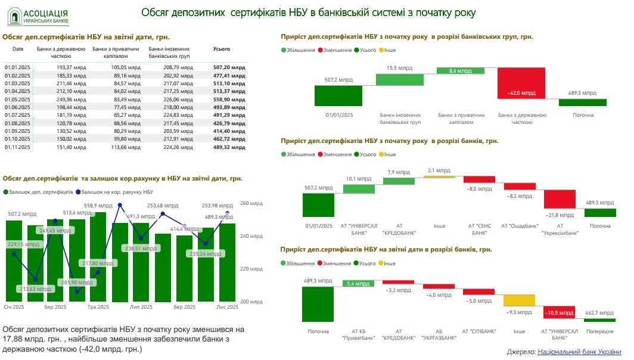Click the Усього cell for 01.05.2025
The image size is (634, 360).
point(229,100)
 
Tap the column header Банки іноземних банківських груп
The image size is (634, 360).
point(169,52)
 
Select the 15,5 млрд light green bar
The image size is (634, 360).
point(399,79)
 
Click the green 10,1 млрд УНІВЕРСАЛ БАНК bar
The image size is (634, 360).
point(358,188)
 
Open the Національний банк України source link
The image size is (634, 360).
point(579,352)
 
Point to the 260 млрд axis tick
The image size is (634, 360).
point(251,203)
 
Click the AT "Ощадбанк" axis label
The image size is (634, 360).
point(520,226)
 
